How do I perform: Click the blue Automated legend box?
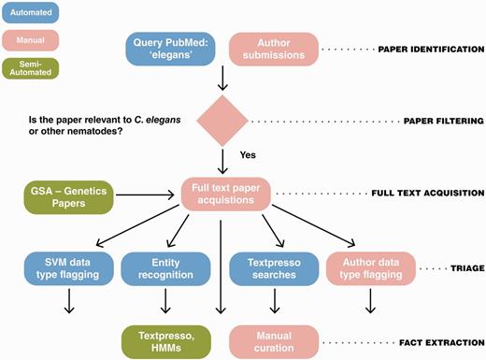[x=31, y=13]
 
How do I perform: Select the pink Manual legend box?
[x=31, y=40]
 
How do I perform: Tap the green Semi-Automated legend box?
[x=31, y=70]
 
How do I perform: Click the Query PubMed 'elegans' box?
[x=171, y=48]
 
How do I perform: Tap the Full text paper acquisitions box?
[x=224, y=195]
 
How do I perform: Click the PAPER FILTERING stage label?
[x=443, y=120]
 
